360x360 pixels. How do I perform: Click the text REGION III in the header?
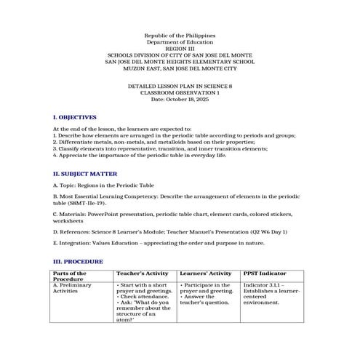pos(180,48)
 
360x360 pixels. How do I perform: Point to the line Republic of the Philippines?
pos(180,35)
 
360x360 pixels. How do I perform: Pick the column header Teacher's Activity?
pos(143,273)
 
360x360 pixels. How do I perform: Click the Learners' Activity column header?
pos(205,273)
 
